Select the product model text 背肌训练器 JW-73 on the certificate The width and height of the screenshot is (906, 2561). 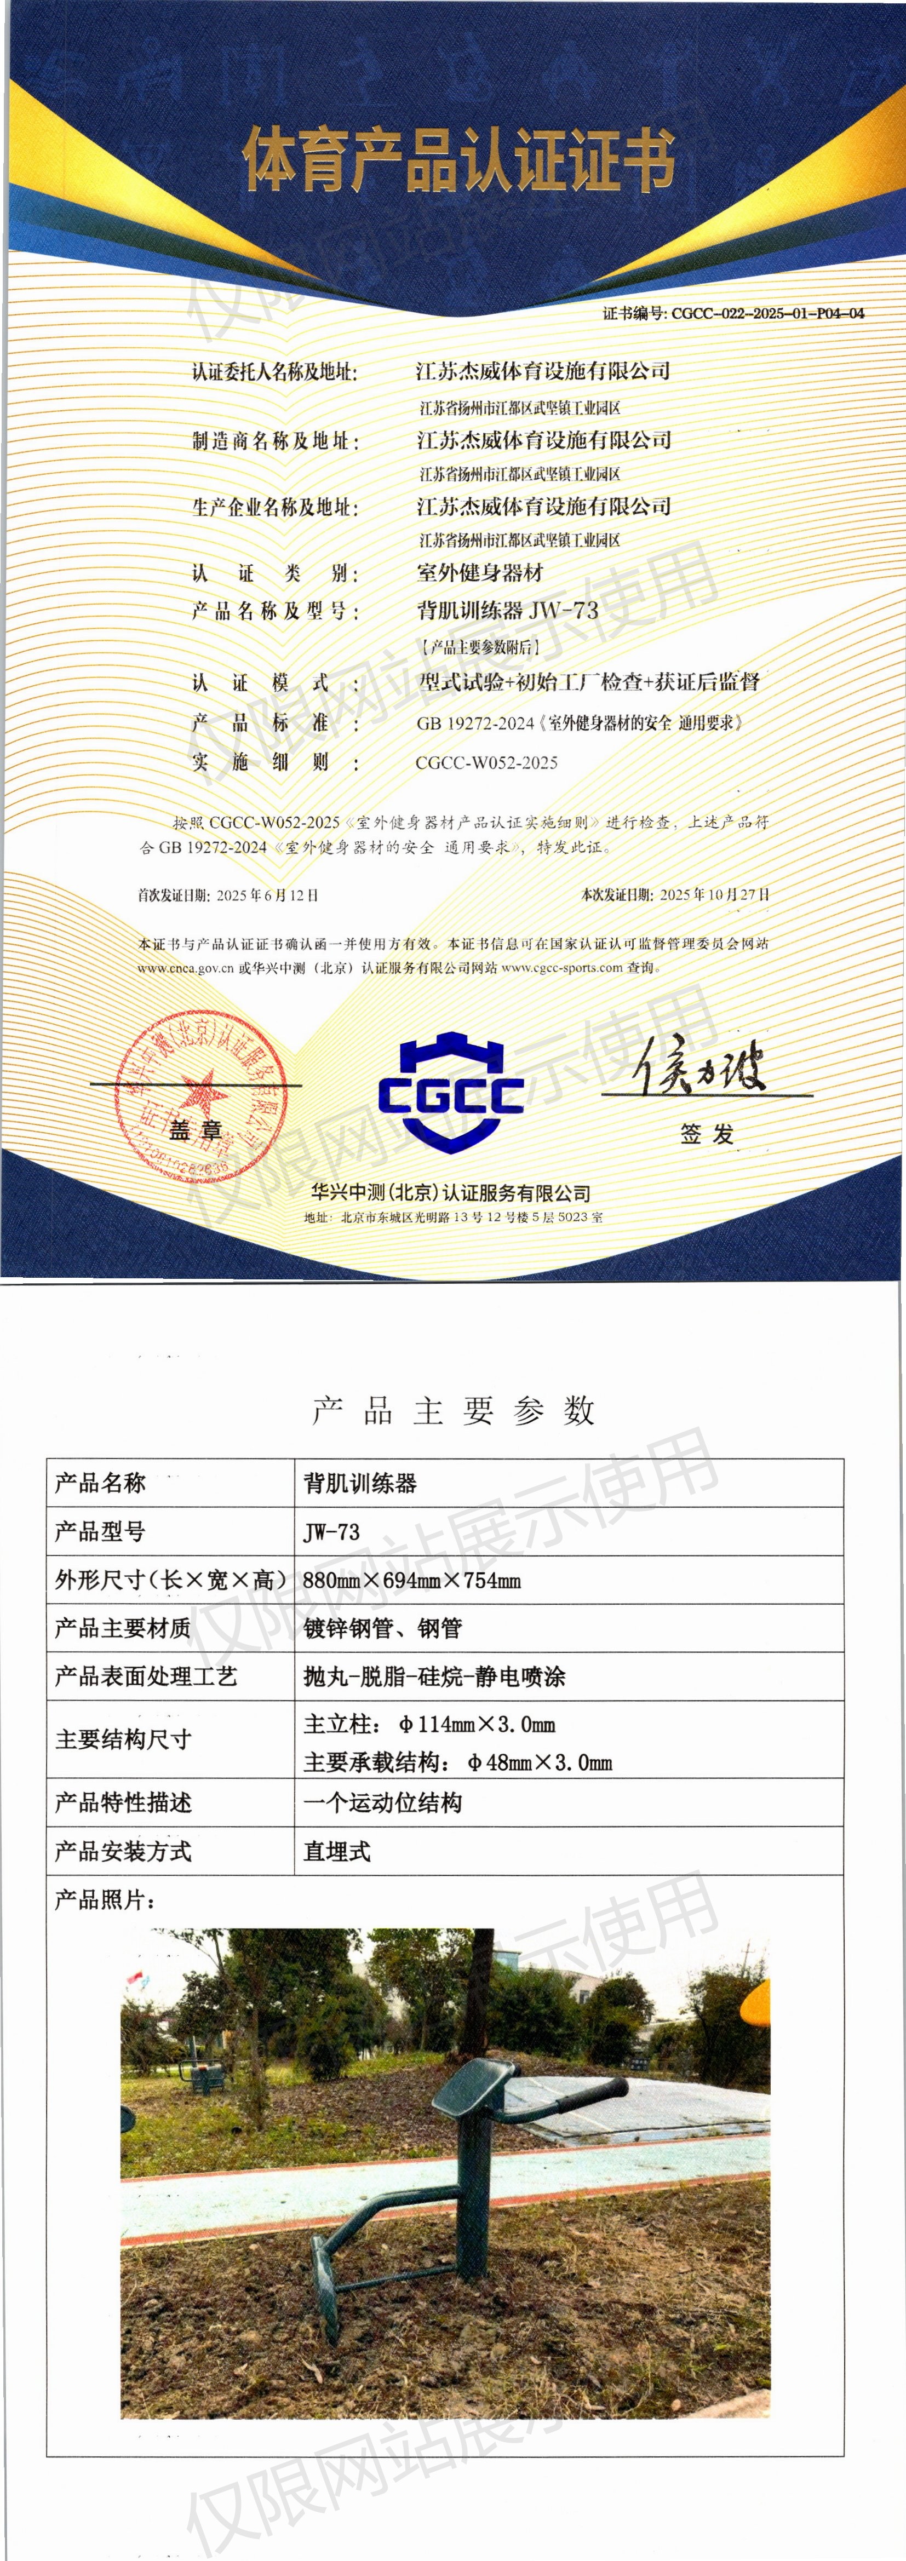pyautogui.click(x=507, y=611)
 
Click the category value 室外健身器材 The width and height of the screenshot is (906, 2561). pyautogui.click(x=479, y=573)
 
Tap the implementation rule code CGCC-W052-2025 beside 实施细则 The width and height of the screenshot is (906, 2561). pyautogui.click(x=486, y=762)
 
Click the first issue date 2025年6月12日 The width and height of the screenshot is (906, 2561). pyautogui.click(x=267, y=895)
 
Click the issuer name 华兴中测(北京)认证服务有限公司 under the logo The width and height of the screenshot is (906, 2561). pyautogui.click(x=450, y=1193)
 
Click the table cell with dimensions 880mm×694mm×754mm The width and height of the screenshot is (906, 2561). pyautogui.click(x=412, y=1580)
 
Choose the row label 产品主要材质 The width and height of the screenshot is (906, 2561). pyautogui.click(x=122, y=1628)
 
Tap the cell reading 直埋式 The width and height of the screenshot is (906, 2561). pyautogui.click(x=337, y=1851)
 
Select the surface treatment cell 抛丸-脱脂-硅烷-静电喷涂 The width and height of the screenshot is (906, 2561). pyautogui.click(x=434, y=1676)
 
